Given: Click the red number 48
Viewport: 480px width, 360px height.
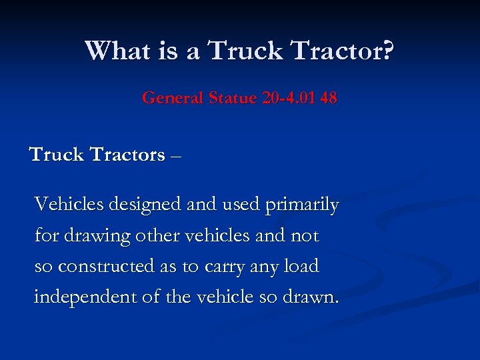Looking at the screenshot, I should [x=328, y=99].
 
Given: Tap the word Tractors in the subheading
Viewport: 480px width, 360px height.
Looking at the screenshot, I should [x=127, y=155].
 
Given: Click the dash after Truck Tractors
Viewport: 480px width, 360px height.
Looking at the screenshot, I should [x=175, y=156].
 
